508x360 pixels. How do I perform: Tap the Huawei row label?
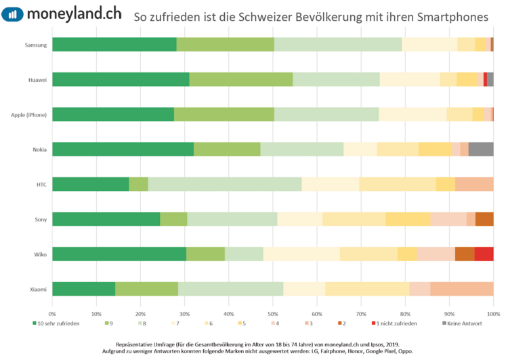(38, 80)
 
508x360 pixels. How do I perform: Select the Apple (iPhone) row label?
(28, 115)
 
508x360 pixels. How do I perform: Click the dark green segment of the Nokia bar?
(123, 150)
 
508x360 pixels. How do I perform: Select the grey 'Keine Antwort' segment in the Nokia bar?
(481, 150)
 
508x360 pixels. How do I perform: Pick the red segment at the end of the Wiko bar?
(484, 254)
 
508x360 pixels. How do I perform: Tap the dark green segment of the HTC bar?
(90, 184)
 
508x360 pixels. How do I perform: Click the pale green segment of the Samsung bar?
(338, 45)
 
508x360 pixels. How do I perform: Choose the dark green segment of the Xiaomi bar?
(83, 289)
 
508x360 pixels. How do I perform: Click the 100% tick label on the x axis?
(493, 313)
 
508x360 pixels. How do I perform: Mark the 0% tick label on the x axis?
(52, 313)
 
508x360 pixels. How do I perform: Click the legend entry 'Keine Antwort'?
(463, 323)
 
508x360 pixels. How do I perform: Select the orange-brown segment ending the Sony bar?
(484, 219)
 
